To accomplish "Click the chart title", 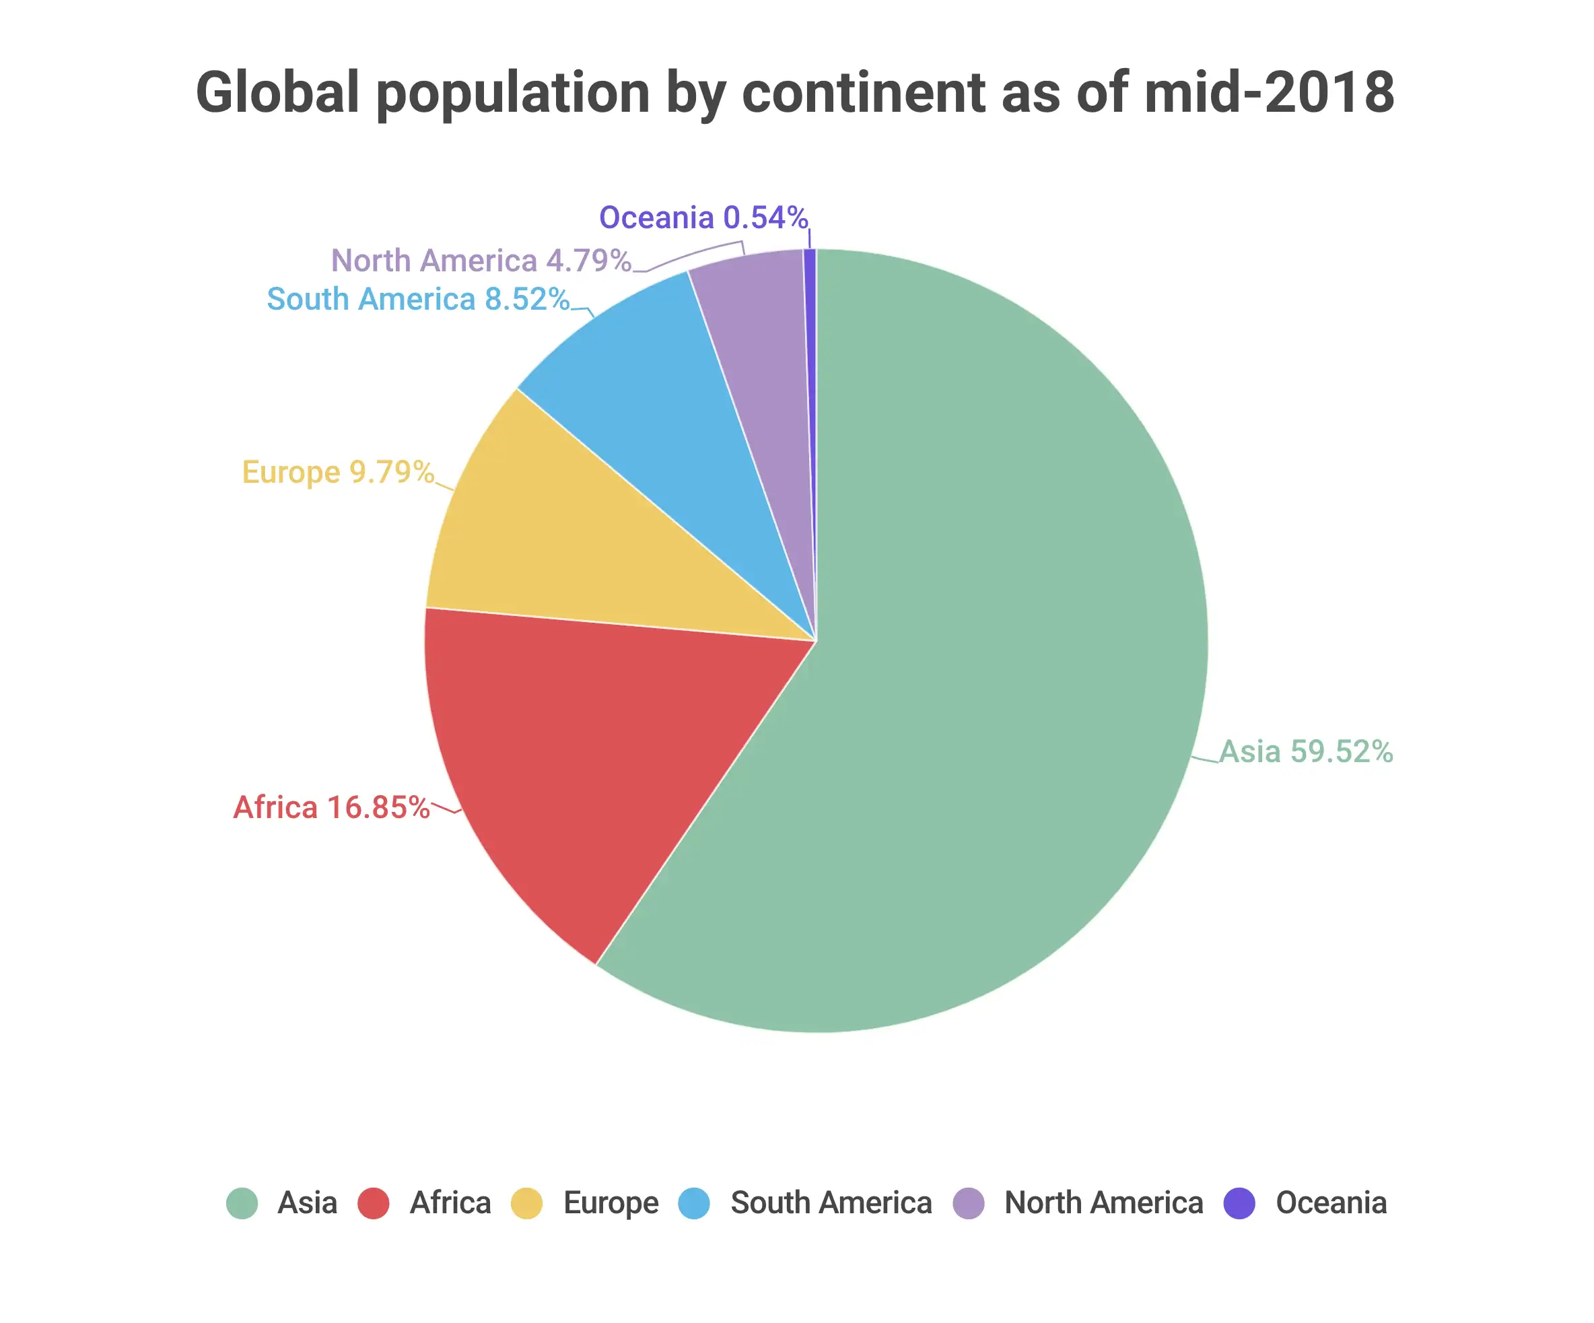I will (795, 93).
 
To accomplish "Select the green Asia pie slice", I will (987, 645).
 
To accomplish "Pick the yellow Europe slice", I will (577, 547).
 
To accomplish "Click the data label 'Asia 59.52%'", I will (1306, 751).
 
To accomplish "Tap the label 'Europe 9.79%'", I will (338, 472).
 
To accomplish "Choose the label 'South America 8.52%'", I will (418, 299).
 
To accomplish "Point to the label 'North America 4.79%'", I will (481, 261).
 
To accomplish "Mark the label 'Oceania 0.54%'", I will (703, 218).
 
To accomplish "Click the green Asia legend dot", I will (242, 1203).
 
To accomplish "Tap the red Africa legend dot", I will (374, 1203).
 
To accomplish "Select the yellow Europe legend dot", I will (527, 1203).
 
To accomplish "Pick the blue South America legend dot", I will (695, 1203).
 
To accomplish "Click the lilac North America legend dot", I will (969, 1203).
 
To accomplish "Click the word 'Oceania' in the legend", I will (1331, 1203).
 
